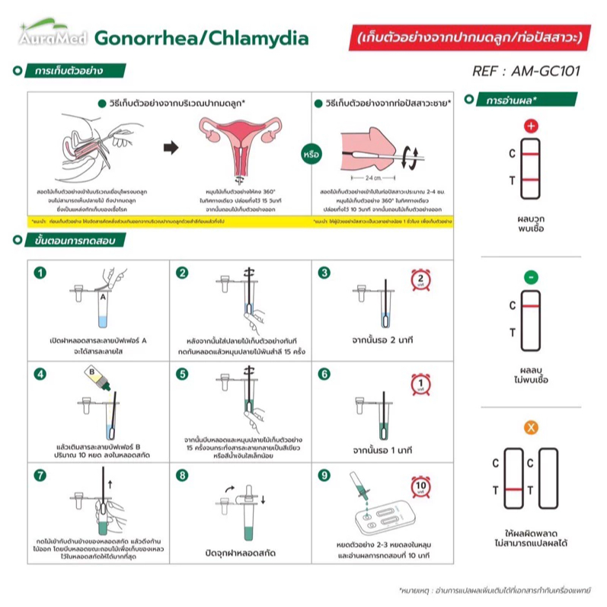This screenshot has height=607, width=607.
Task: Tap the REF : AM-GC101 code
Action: (x=526, y=72)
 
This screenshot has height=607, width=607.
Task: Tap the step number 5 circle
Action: (x=182, y=374)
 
